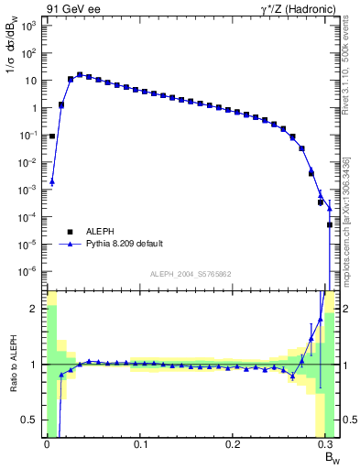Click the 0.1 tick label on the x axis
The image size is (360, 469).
140,444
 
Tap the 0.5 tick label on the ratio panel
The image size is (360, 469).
29,420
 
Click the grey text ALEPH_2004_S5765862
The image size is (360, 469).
191,274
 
